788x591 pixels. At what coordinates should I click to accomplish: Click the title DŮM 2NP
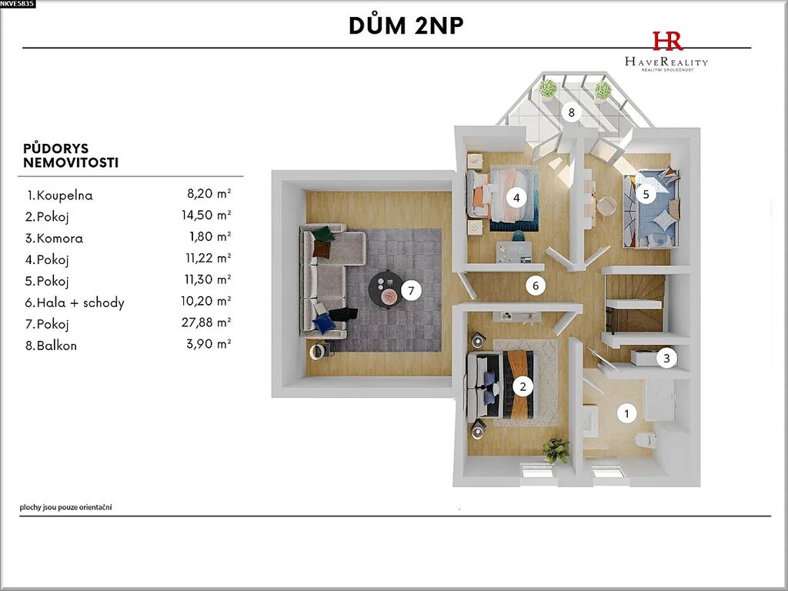406,25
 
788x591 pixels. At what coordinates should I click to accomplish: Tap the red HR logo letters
667,41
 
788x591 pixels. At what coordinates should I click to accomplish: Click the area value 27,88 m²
206,322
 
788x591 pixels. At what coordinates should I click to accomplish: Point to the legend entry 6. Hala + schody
75,302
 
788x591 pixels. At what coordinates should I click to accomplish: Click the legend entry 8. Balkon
52,346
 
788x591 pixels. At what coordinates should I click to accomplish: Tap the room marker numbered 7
411,290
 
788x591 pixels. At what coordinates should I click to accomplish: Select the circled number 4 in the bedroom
516,198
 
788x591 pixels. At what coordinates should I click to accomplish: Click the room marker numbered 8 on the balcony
571,112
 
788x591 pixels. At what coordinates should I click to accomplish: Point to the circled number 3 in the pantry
667,359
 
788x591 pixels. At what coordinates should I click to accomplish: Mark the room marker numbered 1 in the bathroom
626,413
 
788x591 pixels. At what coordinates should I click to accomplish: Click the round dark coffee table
386,290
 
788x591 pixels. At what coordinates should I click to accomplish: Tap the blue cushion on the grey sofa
324,323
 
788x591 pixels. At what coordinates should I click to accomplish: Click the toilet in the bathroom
646,439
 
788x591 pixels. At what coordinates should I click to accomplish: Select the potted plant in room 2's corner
556,449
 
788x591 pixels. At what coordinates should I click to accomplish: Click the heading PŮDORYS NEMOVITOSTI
71,155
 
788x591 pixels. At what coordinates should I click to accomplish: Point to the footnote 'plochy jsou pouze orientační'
66,507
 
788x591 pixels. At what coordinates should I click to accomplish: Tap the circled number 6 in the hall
536,286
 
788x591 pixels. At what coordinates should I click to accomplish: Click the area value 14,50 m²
206,215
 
